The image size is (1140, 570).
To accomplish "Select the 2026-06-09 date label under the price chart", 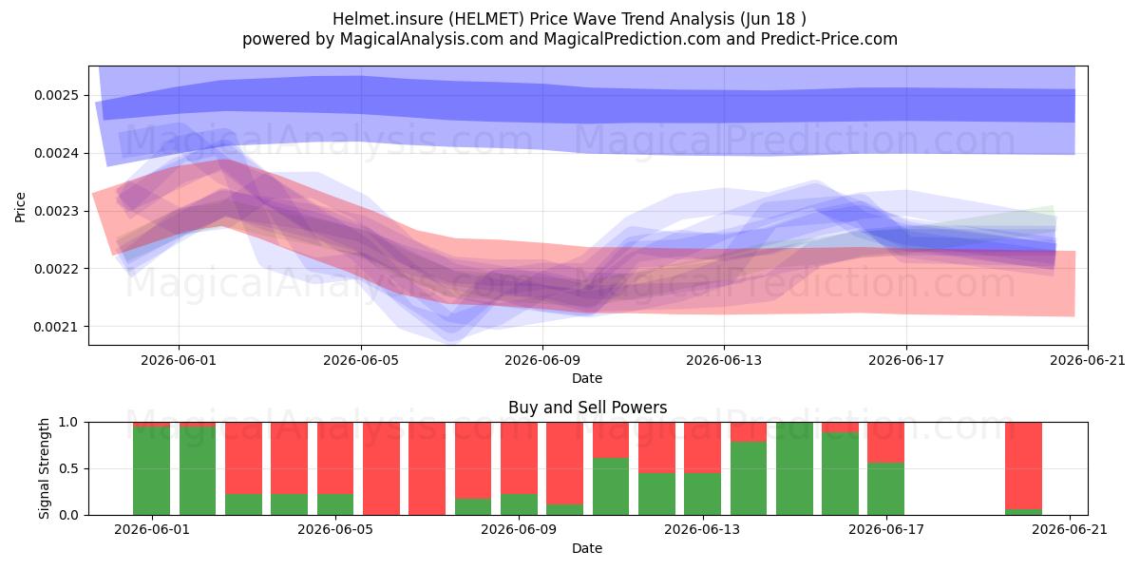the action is pyautogui.click(x=542, y=360).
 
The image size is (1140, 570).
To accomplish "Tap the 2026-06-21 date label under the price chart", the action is pyautogui.click(x=1088, y=360).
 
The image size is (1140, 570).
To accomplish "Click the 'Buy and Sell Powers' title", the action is pyautogui.click(x=587, y=408).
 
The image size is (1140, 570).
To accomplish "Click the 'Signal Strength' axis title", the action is pyautogui.click(x=45, y=468).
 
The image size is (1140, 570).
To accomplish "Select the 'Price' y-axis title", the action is pyautogui.click(x=20, y=207).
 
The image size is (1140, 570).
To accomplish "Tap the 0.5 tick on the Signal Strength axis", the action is pyautogui.click(x=68, y=468).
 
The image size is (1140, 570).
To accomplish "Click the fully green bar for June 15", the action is pyautogui.click(x=794, y=468).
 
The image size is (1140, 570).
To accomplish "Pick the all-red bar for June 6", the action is pyautogui.click(x=381, y=468).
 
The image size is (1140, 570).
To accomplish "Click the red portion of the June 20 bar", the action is pyautogui.click(x=1023, y=465).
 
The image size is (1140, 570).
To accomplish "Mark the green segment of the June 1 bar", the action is pyautogui.click(x=152, y=471).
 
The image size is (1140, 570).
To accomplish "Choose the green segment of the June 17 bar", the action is pyautogui.click(x=886, y=489).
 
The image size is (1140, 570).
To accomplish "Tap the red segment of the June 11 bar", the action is pyautogui.click(x=611, y=440).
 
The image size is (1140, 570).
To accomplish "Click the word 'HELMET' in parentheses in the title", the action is pyautogui.click(x=486, y=19).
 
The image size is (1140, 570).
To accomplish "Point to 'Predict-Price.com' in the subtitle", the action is pyautogui.click(x=829, y=39).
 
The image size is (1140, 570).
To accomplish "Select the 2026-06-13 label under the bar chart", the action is pyautogui.click(x=702, y=530).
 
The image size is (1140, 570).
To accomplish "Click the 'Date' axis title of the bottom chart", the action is pyautogui.click(x=587, y=548).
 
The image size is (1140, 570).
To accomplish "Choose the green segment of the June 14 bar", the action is pyautogui.click(x=749, y=479).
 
